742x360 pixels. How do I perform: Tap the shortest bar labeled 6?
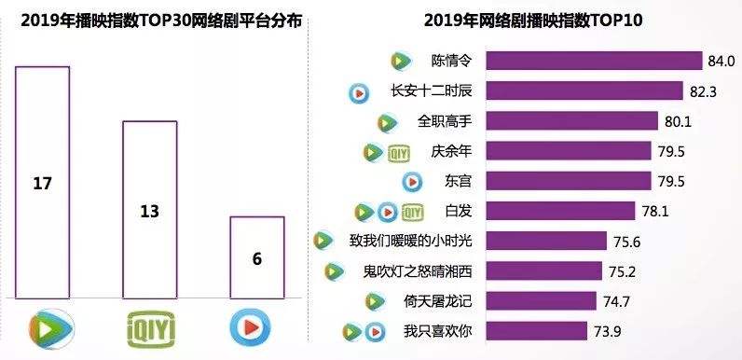coord(256,256)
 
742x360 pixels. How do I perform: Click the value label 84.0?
coord(722,62)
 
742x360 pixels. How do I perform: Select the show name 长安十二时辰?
coord(422,91)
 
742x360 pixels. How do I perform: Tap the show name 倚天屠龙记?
coord(439,300)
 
